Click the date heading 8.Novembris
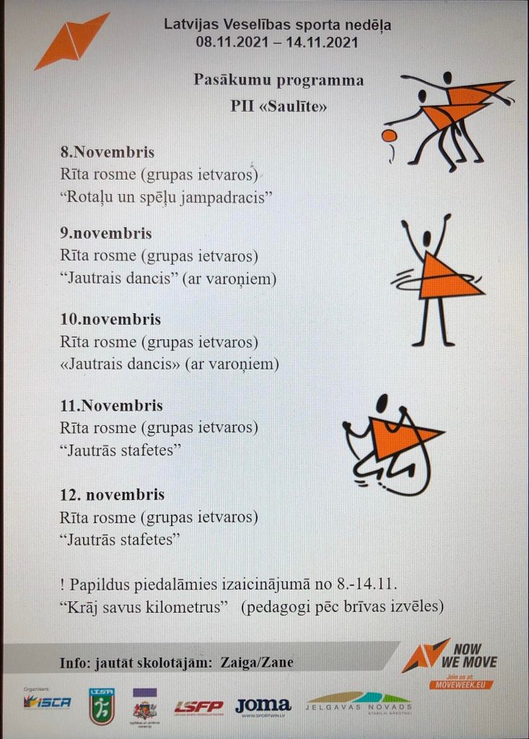pyautogui.click(x=108, y=153)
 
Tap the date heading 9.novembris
pyautogui.click(x=106, y=234)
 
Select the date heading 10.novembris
pyautogui.click(x=110, y=319)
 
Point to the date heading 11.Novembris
pyautogui.click(x=112, y=406)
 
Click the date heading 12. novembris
pyautogui.click(x=113, y=494)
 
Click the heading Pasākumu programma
pyautogui.click(x=279, y=79)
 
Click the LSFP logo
pyautogui.click(x=198, y=707)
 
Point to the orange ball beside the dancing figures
pyautogui.click(x=389, y=135)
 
